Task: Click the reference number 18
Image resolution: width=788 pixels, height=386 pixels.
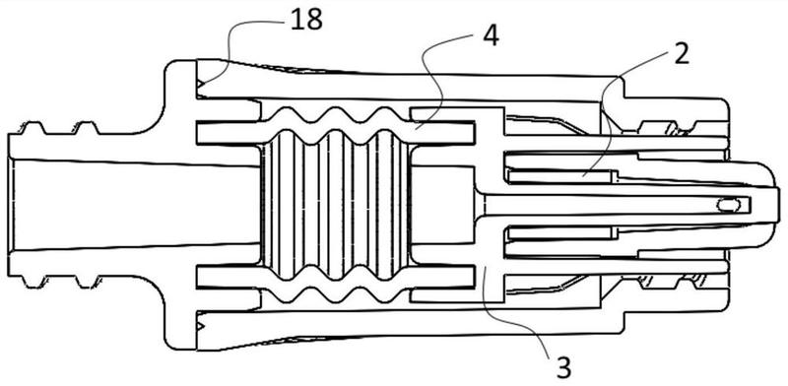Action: (x=306, y=21)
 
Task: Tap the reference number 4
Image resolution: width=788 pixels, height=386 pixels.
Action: (x=490, y=36)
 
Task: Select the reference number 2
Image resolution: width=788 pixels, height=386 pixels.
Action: (x=681, y=54)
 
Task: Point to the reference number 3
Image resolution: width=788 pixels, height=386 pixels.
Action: (x=562, y=368)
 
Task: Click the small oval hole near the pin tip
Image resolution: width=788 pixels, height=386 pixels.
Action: (x=729, y=205)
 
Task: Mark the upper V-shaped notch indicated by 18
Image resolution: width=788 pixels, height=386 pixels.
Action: (x=201, y=83)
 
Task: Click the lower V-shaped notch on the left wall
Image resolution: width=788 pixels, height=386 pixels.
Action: (x=201, y=326)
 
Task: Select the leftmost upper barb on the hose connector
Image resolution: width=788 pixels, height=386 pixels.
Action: (x=32, y=128)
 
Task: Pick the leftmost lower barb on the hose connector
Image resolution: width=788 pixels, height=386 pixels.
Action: (x=32, y=281)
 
